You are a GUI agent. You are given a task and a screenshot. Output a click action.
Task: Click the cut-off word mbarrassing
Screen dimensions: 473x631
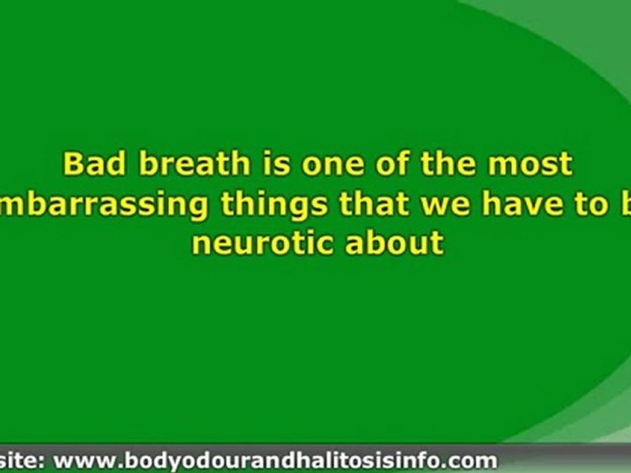click(x=105, y=205)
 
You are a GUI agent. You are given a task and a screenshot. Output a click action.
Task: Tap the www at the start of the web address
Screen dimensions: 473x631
click(x=82, y=459)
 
